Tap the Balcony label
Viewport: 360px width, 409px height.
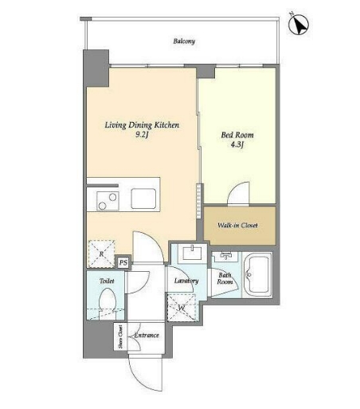pos(184,41)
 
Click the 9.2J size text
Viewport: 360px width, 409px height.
pos(142,135)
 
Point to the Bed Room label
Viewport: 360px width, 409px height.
pos(237,135)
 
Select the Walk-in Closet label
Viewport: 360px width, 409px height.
pos(237,226)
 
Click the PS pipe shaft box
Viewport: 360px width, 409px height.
pos(123,262)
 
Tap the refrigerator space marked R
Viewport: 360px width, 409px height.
pos(101,254)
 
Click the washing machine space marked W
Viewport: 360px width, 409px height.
pos(182,308)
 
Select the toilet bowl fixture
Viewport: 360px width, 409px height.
pos(107,303)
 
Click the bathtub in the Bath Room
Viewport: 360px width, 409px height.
pos(257,275)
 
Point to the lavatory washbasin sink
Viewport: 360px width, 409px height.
pos(193,253)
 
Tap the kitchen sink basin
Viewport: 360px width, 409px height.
pos(143,199)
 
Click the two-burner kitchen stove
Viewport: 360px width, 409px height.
pos(108,201)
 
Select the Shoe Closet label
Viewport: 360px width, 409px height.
pos(121,336)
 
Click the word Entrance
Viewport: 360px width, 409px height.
pos(147,335)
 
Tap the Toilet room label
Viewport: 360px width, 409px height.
pos(107,281)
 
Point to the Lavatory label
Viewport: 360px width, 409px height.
pos(186,281)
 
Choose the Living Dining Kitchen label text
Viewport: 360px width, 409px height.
pos(142,125)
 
